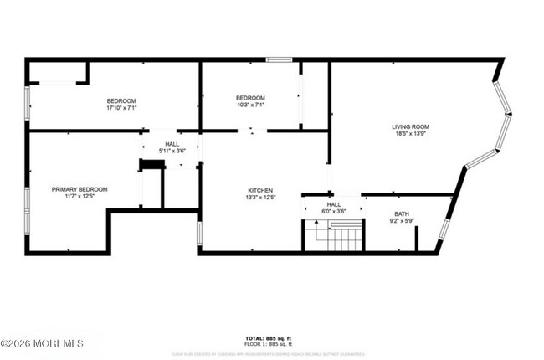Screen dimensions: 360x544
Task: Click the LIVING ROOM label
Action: click(411, 126)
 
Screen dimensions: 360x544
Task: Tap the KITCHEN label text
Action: click(260, 190)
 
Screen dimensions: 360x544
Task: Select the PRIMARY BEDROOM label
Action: click(80, 188)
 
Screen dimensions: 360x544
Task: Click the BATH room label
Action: click(403, 213)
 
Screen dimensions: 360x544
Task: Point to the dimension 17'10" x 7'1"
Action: click(121, 108)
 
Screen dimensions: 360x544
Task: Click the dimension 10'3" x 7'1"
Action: click(249, 105)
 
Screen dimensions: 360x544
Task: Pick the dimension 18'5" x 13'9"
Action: click(411, 134)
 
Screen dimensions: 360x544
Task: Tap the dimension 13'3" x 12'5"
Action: click(260, 198)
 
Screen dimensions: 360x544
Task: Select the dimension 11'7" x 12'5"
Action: click(80, 196)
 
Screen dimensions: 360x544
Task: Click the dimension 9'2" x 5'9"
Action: click(403, 221)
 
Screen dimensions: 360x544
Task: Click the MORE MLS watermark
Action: click(42, 343)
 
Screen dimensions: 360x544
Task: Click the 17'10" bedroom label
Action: click(121, 100)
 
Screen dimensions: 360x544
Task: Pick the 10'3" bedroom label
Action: click(249, 97)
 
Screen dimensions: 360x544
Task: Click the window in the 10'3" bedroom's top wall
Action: click(279, 59)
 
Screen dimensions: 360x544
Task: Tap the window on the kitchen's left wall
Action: click(199, 232)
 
